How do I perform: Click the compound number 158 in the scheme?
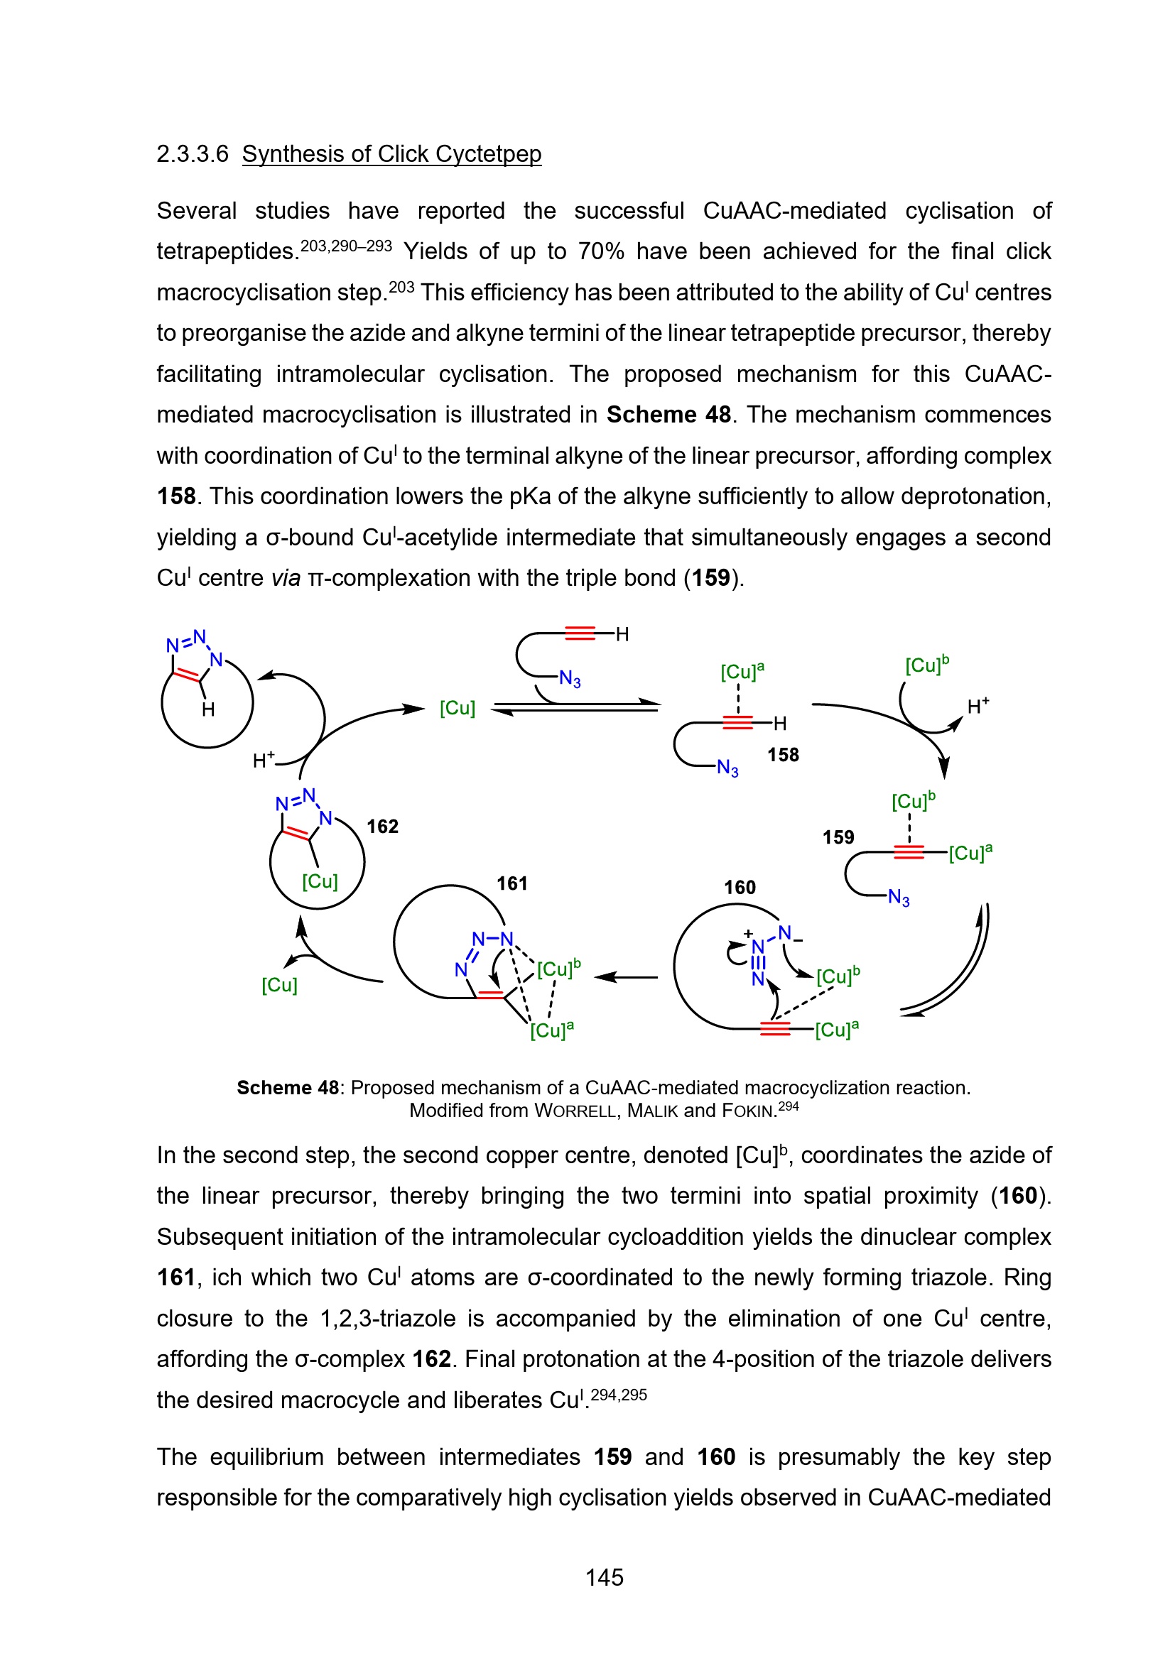pos(783,755)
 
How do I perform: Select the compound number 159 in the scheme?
pos(838,837)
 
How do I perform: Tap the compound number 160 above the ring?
pos(740,887)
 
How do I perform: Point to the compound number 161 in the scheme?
pos(511,883)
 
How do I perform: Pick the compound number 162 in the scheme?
pos(382,826)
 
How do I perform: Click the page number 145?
pos(604,1577)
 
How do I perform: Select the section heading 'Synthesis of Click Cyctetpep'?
pos(391,154)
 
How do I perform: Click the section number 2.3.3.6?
pos(193,154)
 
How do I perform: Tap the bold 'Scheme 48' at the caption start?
pos(287,1087)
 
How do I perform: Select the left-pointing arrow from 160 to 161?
pos(626,976)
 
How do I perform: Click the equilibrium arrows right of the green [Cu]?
pos(576,707)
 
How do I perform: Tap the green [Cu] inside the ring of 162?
pos(320,881)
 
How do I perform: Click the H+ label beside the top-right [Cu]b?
pos(978,706)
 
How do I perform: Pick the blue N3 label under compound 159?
pos(899,898)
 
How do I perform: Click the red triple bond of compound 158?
pos(737,722)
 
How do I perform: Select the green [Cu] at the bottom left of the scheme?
pos(279,984)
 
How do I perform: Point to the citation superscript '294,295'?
pos(619,1395)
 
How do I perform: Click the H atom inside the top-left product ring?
pos(208,709)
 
